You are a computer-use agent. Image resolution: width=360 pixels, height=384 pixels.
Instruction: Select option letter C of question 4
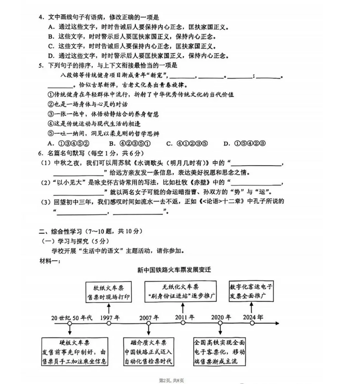[x=51, y=46]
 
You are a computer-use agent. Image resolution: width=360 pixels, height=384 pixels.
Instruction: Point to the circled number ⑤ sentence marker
[x=50, y=134]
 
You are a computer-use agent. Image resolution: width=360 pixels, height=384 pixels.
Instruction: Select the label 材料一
[x=49, y=260]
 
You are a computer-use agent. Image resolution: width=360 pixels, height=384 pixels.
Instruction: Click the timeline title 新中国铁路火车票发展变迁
[x=180, y=271]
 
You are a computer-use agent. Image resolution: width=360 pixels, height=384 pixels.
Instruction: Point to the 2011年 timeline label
[x=184, y=318]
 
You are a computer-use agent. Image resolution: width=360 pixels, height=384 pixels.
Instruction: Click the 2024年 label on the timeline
[x=253, y=318]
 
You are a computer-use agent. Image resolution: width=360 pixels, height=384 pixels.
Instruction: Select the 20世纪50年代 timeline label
[x=71, y=318]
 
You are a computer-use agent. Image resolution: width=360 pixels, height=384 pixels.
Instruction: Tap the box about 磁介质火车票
[x=149, y=352]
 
